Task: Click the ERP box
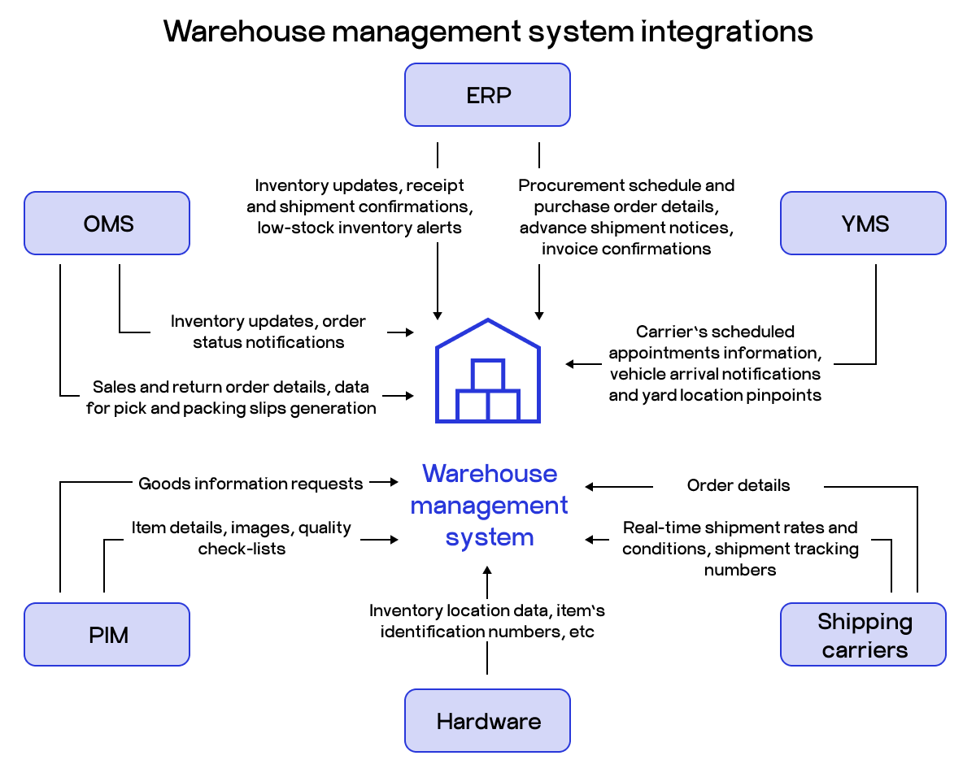coord(487,95)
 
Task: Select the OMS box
coord(107,224)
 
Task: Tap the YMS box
coord(863,224)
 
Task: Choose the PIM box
coord(107,635)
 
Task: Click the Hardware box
coord(487,721)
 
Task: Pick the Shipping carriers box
coord(863,635)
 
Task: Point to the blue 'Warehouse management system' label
coord(489,505)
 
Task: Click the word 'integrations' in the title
coord(726,32)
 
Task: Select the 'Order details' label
coord(738,486)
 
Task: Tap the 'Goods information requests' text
coord(251,484)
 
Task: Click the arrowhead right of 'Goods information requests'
coord(392,483)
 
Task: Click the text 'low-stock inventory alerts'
coord(359,228)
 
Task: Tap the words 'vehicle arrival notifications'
coord(715,374)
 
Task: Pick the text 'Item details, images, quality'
coord(242,528)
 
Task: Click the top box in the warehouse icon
coord(488,376)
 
